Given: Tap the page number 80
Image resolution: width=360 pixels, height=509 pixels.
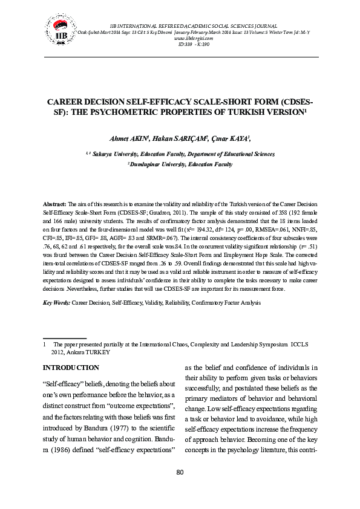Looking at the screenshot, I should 180,472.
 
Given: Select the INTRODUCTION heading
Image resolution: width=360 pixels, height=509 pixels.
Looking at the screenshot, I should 71,368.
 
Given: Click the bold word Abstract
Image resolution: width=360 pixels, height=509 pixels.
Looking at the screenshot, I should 56,206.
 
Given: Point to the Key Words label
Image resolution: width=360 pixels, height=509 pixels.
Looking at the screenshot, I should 56,301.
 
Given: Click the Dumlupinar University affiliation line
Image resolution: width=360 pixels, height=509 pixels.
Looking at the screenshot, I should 180,164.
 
